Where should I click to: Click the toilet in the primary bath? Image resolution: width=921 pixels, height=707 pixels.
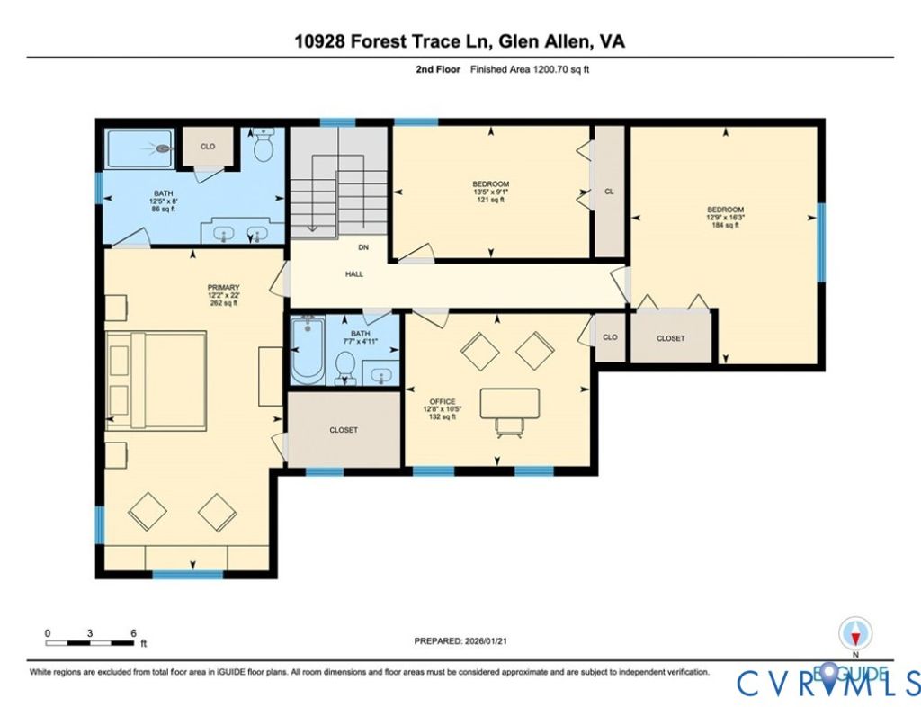click(x=264, y=145)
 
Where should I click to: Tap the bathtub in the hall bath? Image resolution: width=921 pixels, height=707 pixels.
click(x=307, y=350)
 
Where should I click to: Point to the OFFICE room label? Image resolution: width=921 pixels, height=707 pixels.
click(x=443, y=402)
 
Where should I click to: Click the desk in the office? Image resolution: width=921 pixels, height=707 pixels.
click(x=509, y=403)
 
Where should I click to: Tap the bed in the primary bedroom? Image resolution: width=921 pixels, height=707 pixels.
click(x=156, y=380)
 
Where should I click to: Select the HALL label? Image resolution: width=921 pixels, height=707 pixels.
click(x=354, y=273)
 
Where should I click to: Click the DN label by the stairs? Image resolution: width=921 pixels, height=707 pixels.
click(x=363, y=247)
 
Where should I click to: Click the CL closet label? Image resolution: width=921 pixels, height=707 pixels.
click(x=609, y=192)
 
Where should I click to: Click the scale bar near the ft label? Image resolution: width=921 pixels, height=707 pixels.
click(x=90, y=643)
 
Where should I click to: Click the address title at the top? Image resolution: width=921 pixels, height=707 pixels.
click(x=460, y=41)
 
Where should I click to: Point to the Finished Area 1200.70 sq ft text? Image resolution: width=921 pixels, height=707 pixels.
click(x=530, y=69)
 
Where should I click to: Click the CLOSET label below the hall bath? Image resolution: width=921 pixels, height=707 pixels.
click(x=344, y=430)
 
